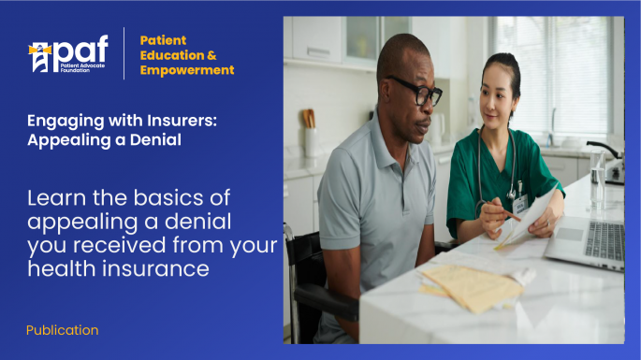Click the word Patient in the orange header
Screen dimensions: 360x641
point(163,40)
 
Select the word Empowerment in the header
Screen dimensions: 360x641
point(187,70)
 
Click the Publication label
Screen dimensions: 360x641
point(62,330)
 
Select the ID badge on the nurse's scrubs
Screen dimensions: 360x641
point(519,200)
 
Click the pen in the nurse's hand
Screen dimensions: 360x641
point(509,217)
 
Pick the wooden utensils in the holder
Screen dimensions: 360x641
point(309,119)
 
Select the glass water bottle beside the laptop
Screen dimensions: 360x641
point(597,179)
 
